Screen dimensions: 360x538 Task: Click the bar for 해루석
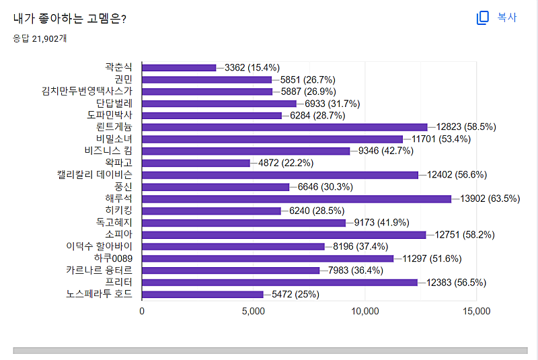point(296,199)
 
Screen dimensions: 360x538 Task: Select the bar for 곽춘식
point(179,67)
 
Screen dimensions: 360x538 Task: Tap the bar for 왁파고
point(196,163)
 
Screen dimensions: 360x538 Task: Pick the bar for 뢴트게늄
point(284,127)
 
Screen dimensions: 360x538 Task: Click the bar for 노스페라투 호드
point(202,294)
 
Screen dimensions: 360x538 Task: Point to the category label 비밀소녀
point(114,139)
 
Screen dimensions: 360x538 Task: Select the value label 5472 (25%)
point(295,294)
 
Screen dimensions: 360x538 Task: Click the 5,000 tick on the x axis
point(253,312)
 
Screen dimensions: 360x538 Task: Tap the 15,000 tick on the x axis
point(475,312)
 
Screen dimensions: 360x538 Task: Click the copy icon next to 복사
point(482,18)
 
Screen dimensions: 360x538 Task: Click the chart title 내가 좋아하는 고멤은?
point(70,18)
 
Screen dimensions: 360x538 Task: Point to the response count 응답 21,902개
point(40,38)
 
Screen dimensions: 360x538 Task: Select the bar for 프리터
point(279,283)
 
